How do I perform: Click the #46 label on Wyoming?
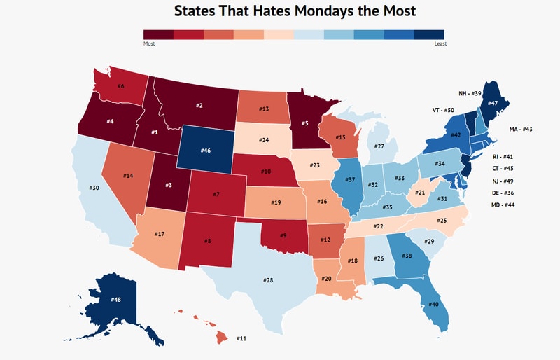205,151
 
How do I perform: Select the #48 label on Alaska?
116,300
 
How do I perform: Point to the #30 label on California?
94,188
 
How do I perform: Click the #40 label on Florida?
433,304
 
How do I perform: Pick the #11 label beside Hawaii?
241,338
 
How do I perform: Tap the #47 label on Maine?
493,103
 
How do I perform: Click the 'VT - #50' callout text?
440,111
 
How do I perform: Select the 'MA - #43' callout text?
521,130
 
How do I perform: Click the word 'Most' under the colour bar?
149,43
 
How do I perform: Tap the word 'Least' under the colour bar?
440,43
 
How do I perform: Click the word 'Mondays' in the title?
309,11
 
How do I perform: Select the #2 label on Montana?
199,106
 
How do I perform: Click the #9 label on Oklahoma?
283,235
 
